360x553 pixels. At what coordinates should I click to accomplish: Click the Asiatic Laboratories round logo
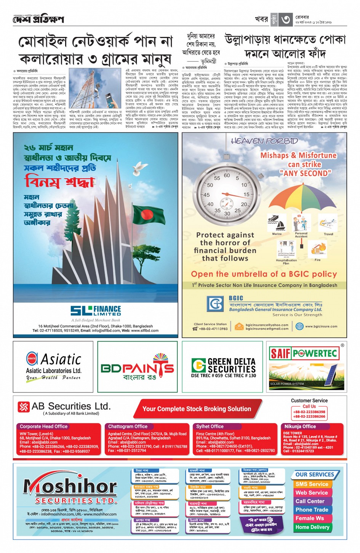click(x=32, y=358)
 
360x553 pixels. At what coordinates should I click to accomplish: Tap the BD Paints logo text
click(x=137, y=368)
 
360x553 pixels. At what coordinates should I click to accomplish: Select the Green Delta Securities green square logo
click(x=198, y=365)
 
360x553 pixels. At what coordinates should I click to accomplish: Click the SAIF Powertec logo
click(x=303, y=354)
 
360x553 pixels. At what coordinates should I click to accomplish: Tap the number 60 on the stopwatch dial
click(x=227, y=176)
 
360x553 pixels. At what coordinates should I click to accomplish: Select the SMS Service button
click(x=312, y=484)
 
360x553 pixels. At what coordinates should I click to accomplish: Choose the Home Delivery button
click(x=312, y=527)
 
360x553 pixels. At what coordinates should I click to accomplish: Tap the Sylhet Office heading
click(x=210, y=427)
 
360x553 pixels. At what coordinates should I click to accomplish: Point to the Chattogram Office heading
click(x=128, y=427)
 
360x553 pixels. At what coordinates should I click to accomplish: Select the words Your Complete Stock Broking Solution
click(x=197, y=409)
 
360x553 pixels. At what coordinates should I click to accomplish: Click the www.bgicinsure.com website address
click(x=321, y=326)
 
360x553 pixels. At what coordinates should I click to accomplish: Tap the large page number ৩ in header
click(x=286, y=19)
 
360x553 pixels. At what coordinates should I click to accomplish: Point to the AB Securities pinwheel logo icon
click(x=24, y=407)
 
